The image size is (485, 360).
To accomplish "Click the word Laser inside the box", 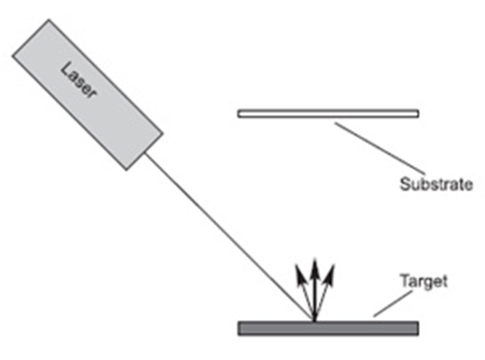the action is point(79,81).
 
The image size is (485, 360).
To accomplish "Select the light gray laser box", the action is point(87,95).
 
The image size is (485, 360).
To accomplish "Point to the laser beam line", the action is point(229,237).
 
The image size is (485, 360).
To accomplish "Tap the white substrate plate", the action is point(328,113).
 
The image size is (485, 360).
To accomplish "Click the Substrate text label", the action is point(436,184).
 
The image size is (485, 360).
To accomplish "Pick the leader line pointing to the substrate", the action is point(380,148).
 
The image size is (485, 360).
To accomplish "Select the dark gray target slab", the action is point(328,328).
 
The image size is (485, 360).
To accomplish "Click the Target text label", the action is point(424,282).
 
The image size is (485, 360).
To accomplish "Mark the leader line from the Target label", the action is point(392,303).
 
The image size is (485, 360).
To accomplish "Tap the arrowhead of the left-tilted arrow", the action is point(299,274).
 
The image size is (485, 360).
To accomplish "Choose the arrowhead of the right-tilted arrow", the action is point(330,274).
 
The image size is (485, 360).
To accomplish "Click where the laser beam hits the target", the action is point(314,322).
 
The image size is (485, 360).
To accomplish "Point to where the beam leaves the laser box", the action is point(146,152).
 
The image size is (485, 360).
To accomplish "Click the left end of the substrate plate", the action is point(237,113).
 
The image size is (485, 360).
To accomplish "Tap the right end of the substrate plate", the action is point(419,113).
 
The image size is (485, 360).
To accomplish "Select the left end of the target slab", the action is point(237,328).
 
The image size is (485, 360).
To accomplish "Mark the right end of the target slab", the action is point(419,328).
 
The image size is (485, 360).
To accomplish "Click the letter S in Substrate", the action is point(405,184).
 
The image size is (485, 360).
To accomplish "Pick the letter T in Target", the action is point(406,280).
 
